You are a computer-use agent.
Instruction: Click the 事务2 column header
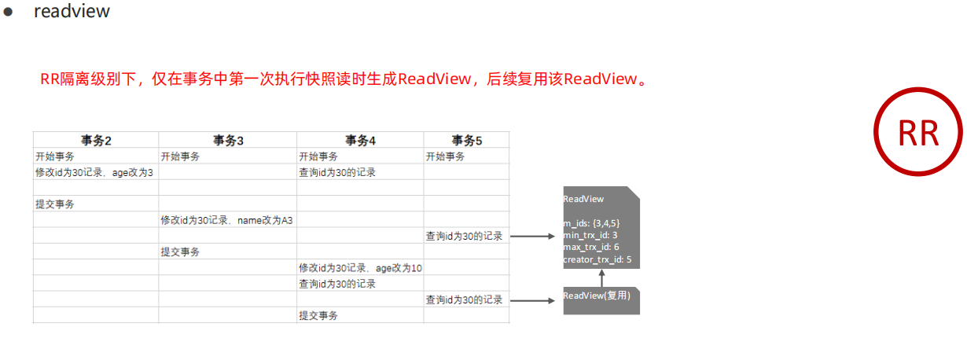click(96, 140)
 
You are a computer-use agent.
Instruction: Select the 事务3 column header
click(228, 140)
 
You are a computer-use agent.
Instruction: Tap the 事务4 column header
click(360, 140)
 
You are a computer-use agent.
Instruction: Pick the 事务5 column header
click(466, 140)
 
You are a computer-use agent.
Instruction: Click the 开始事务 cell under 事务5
click(446, 156)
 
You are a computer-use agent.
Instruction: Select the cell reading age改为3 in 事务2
click(94, 172)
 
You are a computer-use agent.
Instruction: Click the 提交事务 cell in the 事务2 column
click(55, 204)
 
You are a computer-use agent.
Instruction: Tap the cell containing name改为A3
click(226, 220)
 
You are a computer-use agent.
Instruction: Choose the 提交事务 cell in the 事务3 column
click(180, 252)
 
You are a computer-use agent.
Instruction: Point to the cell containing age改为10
click(360, 268)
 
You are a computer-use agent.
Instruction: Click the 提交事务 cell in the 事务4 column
click(318, 316)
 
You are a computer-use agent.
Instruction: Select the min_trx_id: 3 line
click(590, 235)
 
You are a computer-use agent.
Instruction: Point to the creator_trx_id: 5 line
click(597, 259)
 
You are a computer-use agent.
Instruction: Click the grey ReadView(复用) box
click(601, 300)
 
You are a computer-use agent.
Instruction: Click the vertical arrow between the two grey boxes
click(601, 278)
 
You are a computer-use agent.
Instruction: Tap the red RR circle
click(918, 133)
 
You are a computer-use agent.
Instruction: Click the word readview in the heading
click(72, 12)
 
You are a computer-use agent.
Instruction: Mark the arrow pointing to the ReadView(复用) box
click(535, 300)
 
